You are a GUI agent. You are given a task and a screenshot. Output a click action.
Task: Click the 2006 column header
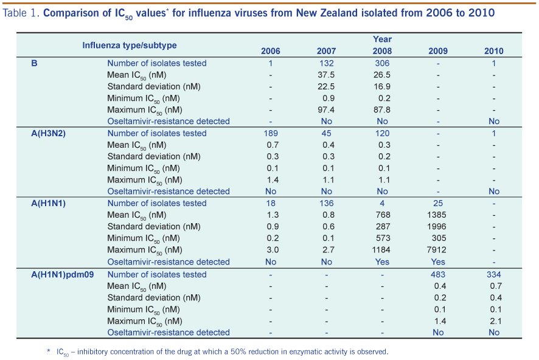271,51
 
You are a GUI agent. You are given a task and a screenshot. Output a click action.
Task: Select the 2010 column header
493,51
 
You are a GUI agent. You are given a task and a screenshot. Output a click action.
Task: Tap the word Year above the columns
382,40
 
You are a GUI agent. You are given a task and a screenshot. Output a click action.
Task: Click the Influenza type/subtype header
130,45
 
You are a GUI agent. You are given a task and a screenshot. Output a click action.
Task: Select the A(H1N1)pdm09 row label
63,274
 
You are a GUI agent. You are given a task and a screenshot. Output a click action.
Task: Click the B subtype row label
34,63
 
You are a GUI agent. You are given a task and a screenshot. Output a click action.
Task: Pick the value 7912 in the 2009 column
437,250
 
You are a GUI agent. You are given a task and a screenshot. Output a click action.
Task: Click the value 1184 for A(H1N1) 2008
382,250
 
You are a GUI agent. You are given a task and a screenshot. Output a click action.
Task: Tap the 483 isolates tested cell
437,274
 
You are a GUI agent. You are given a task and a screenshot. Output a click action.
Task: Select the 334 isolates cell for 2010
493,274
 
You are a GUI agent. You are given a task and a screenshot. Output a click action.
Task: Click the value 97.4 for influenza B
326,109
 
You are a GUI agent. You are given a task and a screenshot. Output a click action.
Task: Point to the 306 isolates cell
382,63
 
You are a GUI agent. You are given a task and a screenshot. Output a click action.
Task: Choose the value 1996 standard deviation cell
437,227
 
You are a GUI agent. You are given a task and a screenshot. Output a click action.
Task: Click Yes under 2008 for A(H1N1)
382,262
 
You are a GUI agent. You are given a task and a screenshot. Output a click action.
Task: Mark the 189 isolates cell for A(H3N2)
271,133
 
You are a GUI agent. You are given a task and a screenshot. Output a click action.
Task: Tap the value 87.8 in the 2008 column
382,109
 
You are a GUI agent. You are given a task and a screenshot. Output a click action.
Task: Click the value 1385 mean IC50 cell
437,215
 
